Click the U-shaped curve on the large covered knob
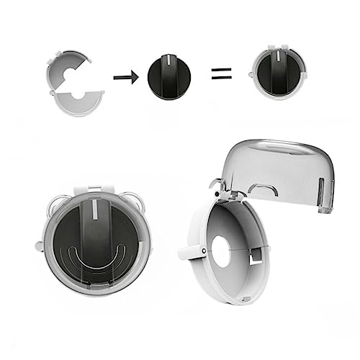(x=96, y=257)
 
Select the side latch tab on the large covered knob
(x=38, y=246)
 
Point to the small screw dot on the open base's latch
(x=204, y=251)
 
